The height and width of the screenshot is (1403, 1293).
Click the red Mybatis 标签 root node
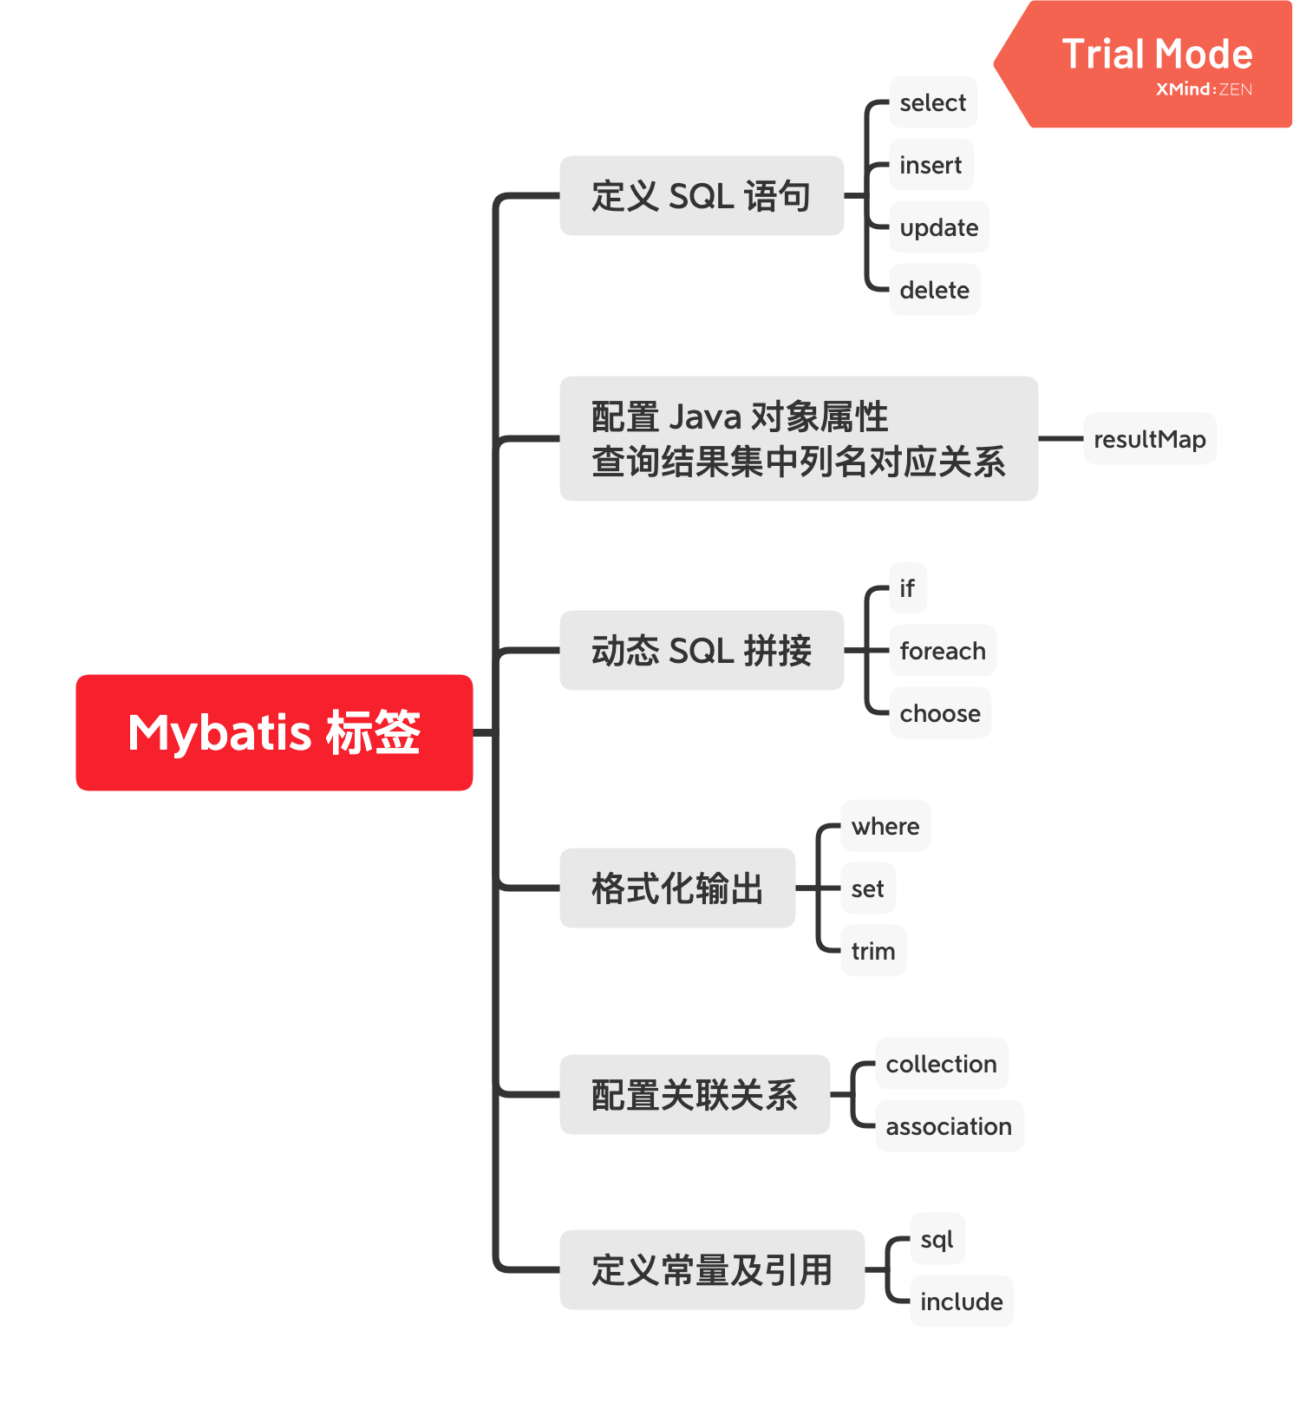click(274, 732)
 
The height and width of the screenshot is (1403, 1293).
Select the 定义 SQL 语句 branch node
click(702, 196)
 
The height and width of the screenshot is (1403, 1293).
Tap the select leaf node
click(933, 102)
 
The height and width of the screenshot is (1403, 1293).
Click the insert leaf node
click(931, 165)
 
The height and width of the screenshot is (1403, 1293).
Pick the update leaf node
click(939, 227)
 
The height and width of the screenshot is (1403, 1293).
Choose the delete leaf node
click(935, 290)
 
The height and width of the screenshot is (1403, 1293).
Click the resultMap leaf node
click(1150, 439)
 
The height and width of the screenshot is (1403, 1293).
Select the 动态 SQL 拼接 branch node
click(702, 651)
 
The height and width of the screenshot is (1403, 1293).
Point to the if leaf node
click(908, 588)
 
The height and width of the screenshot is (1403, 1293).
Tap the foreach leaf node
click(943, 651)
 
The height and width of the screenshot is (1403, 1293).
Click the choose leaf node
click(940, 713)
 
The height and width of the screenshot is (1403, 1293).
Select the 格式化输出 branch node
click(677, 888)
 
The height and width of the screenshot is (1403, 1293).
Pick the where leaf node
click(885, 826)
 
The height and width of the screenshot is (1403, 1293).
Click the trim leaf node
click(873, 951)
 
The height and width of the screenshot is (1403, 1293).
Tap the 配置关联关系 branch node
click(695, 1095)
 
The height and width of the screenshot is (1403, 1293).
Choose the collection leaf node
click(942, 1064)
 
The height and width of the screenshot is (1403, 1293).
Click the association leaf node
click(950, 1126)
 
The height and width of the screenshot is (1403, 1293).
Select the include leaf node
click(962, 1301)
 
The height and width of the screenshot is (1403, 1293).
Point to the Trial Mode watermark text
click(1157, 55)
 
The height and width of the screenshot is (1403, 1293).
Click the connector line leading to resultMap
click(1061, 439)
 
